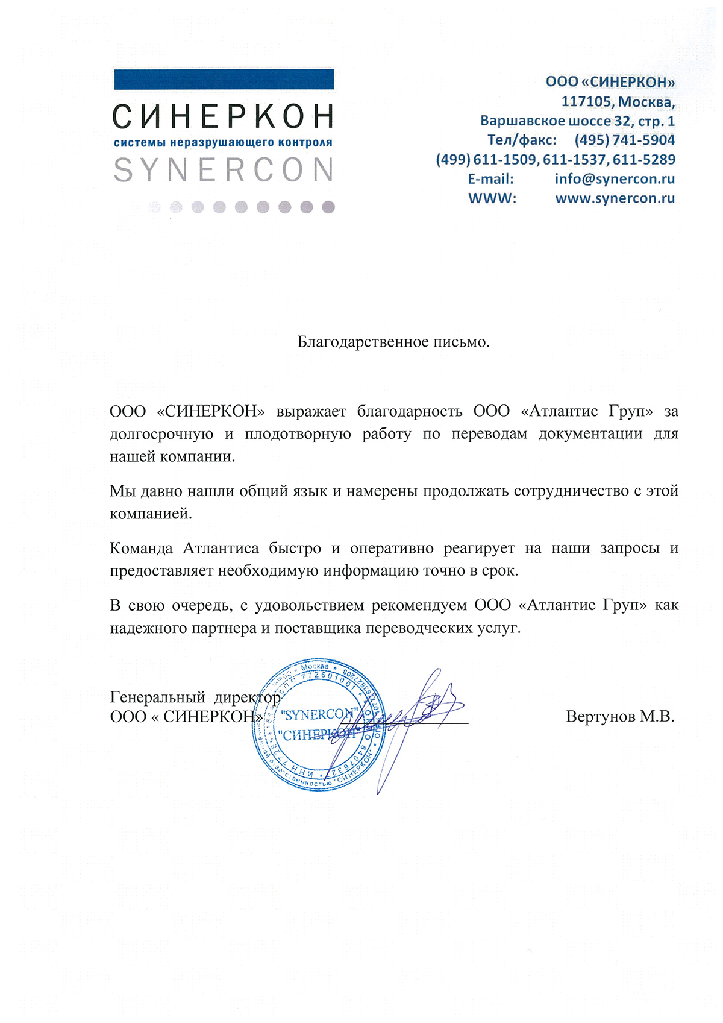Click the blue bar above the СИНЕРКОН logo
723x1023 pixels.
pos(224,80)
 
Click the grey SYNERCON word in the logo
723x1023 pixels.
pos(224,170)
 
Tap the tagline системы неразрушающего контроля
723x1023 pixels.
pos(224,143)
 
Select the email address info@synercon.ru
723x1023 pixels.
pos(615,179)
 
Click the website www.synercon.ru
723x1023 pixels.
pos(615,198)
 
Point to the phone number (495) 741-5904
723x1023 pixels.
pos(625,140)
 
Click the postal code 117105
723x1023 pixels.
pos(586,102)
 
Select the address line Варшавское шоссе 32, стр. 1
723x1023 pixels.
pos(577,121)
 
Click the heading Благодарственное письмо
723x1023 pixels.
pos(393,342)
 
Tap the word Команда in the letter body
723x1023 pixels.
pos(142,549)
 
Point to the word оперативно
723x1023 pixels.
pos(392,549)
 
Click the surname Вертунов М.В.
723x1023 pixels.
pos(620,717)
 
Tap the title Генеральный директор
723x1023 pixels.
pos(195,697)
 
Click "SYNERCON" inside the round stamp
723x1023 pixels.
pos(320,714)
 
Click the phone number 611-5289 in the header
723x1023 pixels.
pos(644,160)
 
